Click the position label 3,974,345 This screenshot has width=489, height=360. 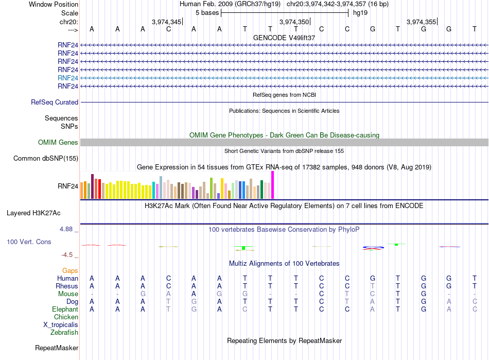coord(166,22)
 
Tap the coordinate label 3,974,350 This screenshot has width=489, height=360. coord(294,22)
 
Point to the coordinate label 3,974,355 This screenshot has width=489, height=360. coord(422,22)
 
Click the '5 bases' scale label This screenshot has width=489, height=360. coord(207,13)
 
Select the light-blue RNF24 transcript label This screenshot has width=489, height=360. coord(68,78)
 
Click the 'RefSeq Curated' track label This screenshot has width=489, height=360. coord(55,102)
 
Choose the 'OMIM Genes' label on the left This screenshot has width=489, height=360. coord(58,143)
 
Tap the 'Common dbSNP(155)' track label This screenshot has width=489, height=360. coord(46,159)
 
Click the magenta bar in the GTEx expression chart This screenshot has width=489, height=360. coord(273,185)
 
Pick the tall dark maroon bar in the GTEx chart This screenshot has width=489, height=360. coord(92,186)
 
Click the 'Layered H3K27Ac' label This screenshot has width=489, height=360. coord(33,213)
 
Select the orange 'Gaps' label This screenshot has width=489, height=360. coord(70,271)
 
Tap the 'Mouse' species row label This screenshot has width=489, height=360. coord(68,294)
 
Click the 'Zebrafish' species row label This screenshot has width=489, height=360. coord(64,333)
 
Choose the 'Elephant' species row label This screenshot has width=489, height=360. coord(65,310)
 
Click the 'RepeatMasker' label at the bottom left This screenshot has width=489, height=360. coord(57,348)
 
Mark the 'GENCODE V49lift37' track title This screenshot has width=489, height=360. coord(284,38)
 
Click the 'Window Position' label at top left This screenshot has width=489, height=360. coord(54,4)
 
